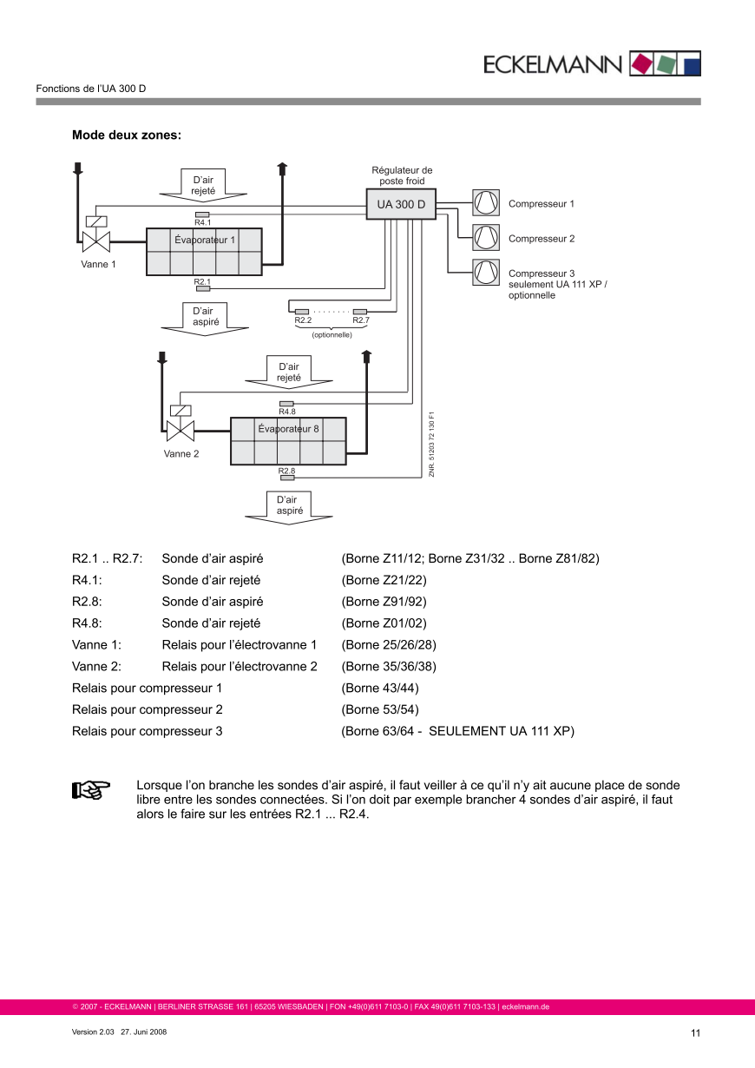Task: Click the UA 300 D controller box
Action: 401,204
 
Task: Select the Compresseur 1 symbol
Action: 486,203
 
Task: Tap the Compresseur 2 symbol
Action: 486,238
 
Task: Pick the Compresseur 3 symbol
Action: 486,273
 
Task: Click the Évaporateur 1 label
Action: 205,240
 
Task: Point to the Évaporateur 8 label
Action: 288,429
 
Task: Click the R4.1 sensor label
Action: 202,222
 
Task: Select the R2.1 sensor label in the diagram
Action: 202,281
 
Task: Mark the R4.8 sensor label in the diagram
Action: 286,412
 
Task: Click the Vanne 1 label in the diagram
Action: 98,264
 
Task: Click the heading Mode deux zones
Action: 127,135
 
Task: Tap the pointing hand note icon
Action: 90,789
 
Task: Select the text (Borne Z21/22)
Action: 384,580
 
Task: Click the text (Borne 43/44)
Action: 380,688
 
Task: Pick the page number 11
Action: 695,1032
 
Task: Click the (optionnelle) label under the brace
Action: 332,334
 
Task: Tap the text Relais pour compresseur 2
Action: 148,709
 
